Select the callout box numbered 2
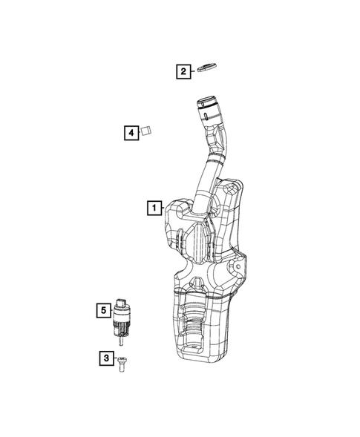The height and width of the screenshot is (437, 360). coord(182,72)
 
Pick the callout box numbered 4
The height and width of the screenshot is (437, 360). coord(131,133)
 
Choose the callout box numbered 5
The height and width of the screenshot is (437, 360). coord(104,309)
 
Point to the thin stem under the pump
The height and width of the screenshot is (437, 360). coord(122,342)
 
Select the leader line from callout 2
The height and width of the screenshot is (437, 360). coord(194,72)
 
